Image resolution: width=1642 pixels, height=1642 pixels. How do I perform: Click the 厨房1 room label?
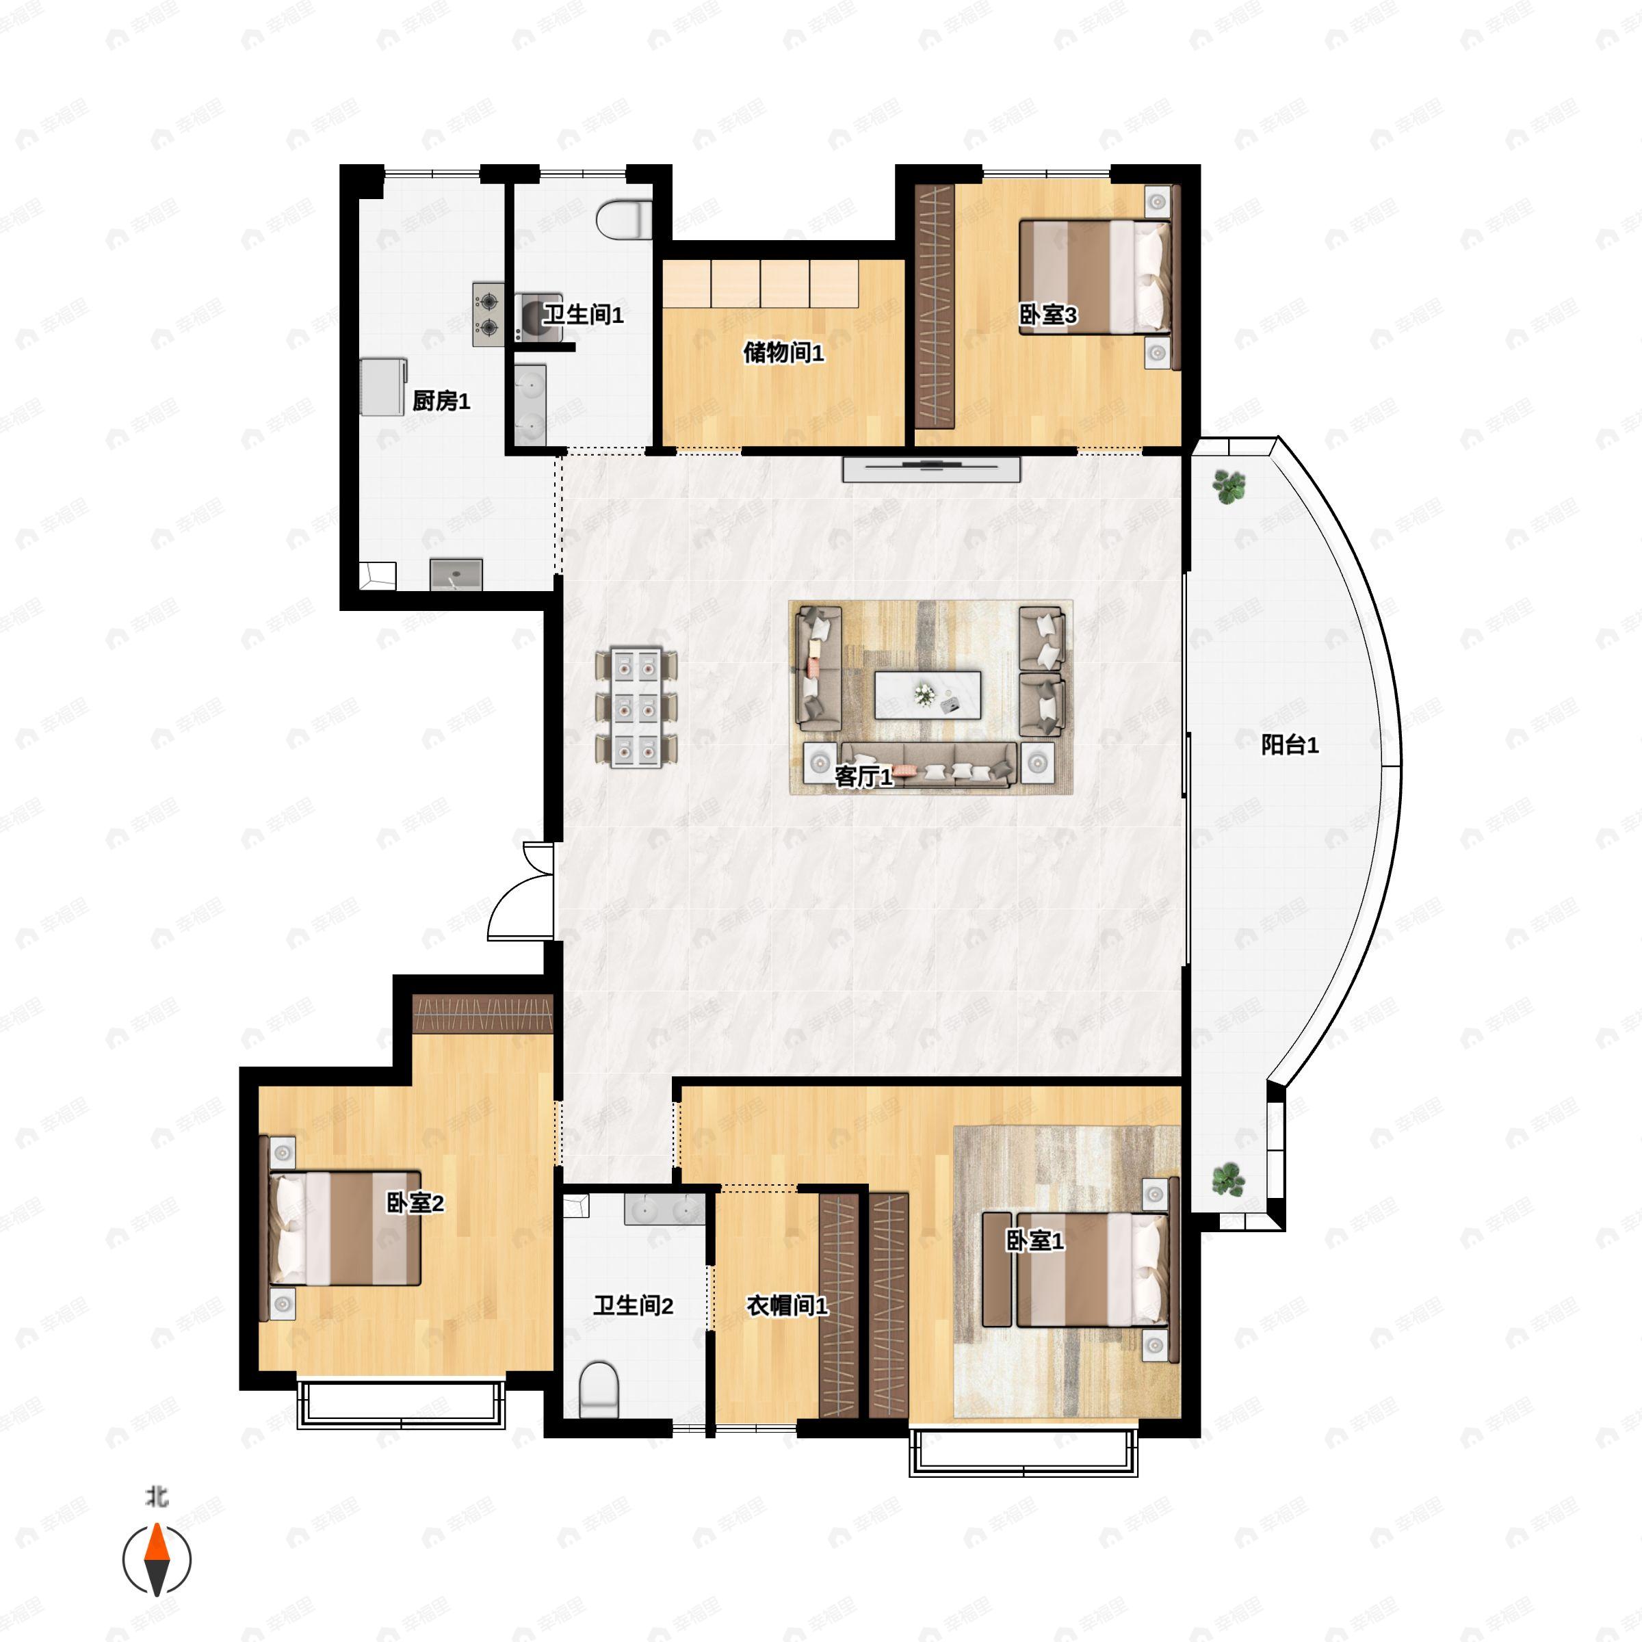441,400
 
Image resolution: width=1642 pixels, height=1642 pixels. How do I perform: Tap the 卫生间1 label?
583,315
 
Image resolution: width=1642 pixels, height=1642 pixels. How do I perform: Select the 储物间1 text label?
783,352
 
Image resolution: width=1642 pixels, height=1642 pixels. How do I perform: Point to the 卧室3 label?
1048,315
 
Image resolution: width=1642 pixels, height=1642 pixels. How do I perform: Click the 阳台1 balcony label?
1289,745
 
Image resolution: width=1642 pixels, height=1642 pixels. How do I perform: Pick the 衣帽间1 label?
786,1305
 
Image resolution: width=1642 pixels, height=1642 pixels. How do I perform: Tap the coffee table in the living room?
928,694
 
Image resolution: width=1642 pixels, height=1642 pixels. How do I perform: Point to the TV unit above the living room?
930,469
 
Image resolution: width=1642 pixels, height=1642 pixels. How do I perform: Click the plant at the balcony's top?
1227,487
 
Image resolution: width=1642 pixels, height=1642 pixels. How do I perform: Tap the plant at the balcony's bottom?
1227,1180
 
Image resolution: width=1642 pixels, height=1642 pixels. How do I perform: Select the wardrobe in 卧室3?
935,306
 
